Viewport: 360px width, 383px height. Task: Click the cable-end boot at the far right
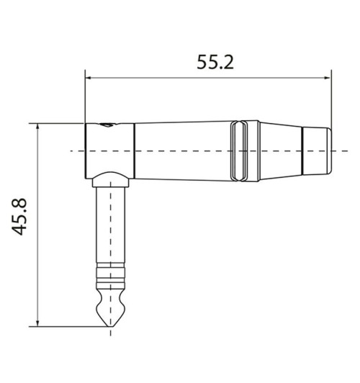pos(317,151)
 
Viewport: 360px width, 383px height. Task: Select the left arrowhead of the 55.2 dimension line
pos(89,74)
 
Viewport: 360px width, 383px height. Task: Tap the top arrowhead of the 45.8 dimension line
pos(37,127)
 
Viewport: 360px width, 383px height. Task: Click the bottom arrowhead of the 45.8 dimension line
pos(37,321)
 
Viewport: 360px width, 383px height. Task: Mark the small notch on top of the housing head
pos(108,126)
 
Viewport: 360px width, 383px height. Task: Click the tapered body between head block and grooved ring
pos(180,151)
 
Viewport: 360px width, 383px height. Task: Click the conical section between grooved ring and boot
pos(277,151)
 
